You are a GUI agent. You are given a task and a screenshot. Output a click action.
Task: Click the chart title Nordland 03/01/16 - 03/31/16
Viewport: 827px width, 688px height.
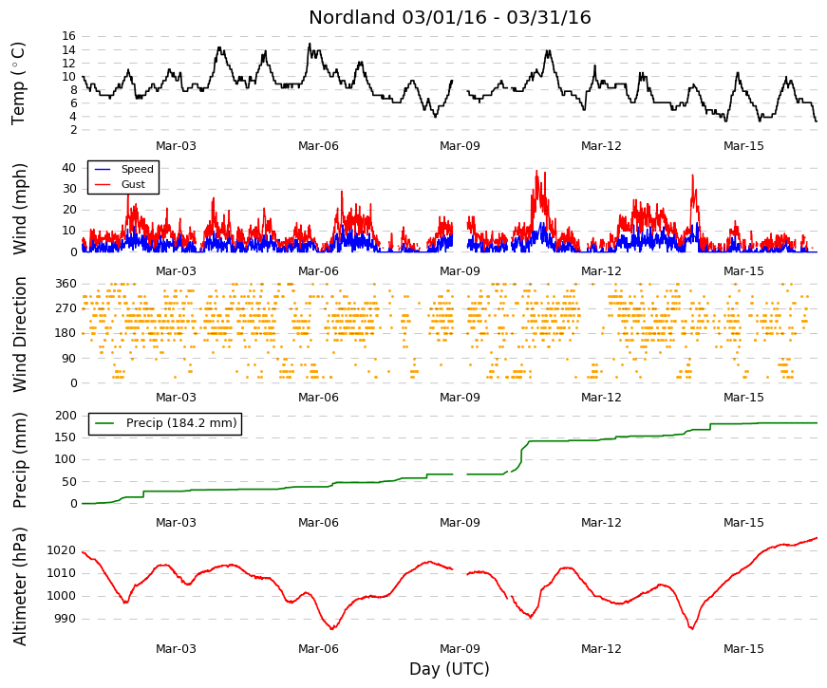pos(449,17)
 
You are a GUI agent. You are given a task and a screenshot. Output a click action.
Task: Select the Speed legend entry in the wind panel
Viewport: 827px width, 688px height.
pos(137,169)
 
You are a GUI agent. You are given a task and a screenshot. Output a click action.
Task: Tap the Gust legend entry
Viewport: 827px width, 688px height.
pos(133,184)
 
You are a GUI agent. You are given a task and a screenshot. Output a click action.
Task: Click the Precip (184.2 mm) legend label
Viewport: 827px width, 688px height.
pos(181,423)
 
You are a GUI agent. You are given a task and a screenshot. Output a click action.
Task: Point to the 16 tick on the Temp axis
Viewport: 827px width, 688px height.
pos(69,36)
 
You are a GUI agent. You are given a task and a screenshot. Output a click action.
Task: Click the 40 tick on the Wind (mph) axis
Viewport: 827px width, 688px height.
pos(69,168)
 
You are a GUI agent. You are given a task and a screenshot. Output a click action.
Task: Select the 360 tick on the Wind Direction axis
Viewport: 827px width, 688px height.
pos(66,284)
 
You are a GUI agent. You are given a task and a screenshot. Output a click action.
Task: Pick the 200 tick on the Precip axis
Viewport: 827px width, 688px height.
pos(66,416)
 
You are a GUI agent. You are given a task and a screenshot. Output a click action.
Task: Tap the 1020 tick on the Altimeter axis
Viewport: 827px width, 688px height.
pos(61,550)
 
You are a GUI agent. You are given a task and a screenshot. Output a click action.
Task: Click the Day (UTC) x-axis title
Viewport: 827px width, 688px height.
pos(449,669)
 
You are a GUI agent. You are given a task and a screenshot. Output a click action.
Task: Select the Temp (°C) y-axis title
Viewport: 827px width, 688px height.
pos(18,84)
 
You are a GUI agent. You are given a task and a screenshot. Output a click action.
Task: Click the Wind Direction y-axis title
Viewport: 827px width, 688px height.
pos(20,335)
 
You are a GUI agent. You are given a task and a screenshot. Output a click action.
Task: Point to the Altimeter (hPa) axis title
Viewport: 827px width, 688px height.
pos(20,586)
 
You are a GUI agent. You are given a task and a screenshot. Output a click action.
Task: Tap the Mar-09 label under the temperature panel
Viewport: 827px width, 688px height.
pos(460,146)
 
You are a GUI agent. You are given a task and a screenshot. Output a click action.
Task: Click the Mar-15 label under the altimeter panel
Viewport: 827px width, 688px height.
pos(743,649)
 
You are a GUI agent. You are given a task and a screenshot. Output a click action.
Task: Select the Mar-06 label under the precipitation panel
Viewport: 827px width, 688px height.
pos(318,523)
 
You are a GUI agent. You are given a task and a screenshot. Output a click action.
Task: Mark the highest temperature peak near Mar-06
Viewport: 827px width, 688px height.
pos(310,44)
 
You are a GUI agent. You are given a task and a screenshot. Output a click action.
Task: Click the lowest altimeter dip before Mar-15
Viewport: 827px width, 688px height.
pos(691,628)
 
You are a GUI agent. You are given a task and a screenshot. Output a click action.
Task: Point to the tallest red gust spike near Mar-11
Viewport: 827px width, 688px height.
pos(536,171)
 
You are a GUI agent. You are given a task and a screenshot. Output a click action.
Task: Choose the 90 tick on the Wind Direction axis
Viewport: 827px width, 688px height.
pos(69,359)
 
